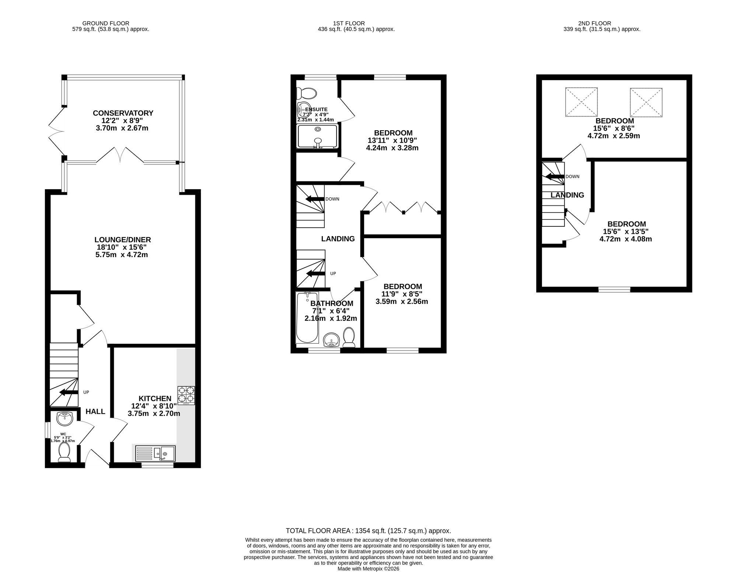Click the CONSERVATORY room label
[x=123, y=113]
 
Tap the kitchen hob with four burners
[x=186, y=396]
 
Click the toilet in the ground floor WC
[x=64, y=452]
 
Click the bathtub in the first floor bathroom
[x=307, y=318]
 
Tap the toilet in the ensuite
[x=307, y=93]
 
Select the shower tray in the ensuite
[x=317, y=136]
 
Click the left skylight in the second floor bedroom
[x=581, y=102]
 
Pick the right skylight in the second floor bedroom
[x=646, y=102]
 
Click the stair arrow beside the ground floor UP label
[x=69, y=392]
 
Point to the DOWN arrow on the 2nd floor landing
[x=555, y=176]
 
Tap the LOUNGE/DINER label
[x=123, y=240]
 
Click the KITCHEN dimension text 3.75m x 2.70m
[x=154, y=413]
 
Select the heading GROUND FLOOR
[x=106, y=23]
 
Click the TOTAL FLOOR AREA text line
[x=368, y=531]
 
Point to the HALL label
[x=95, y=412]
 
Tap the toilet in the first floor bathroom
[x=349, y=337]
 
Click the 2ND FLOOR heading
[x=602, y=23]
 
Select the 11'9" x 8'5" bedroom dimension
[x=402, y=294]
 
